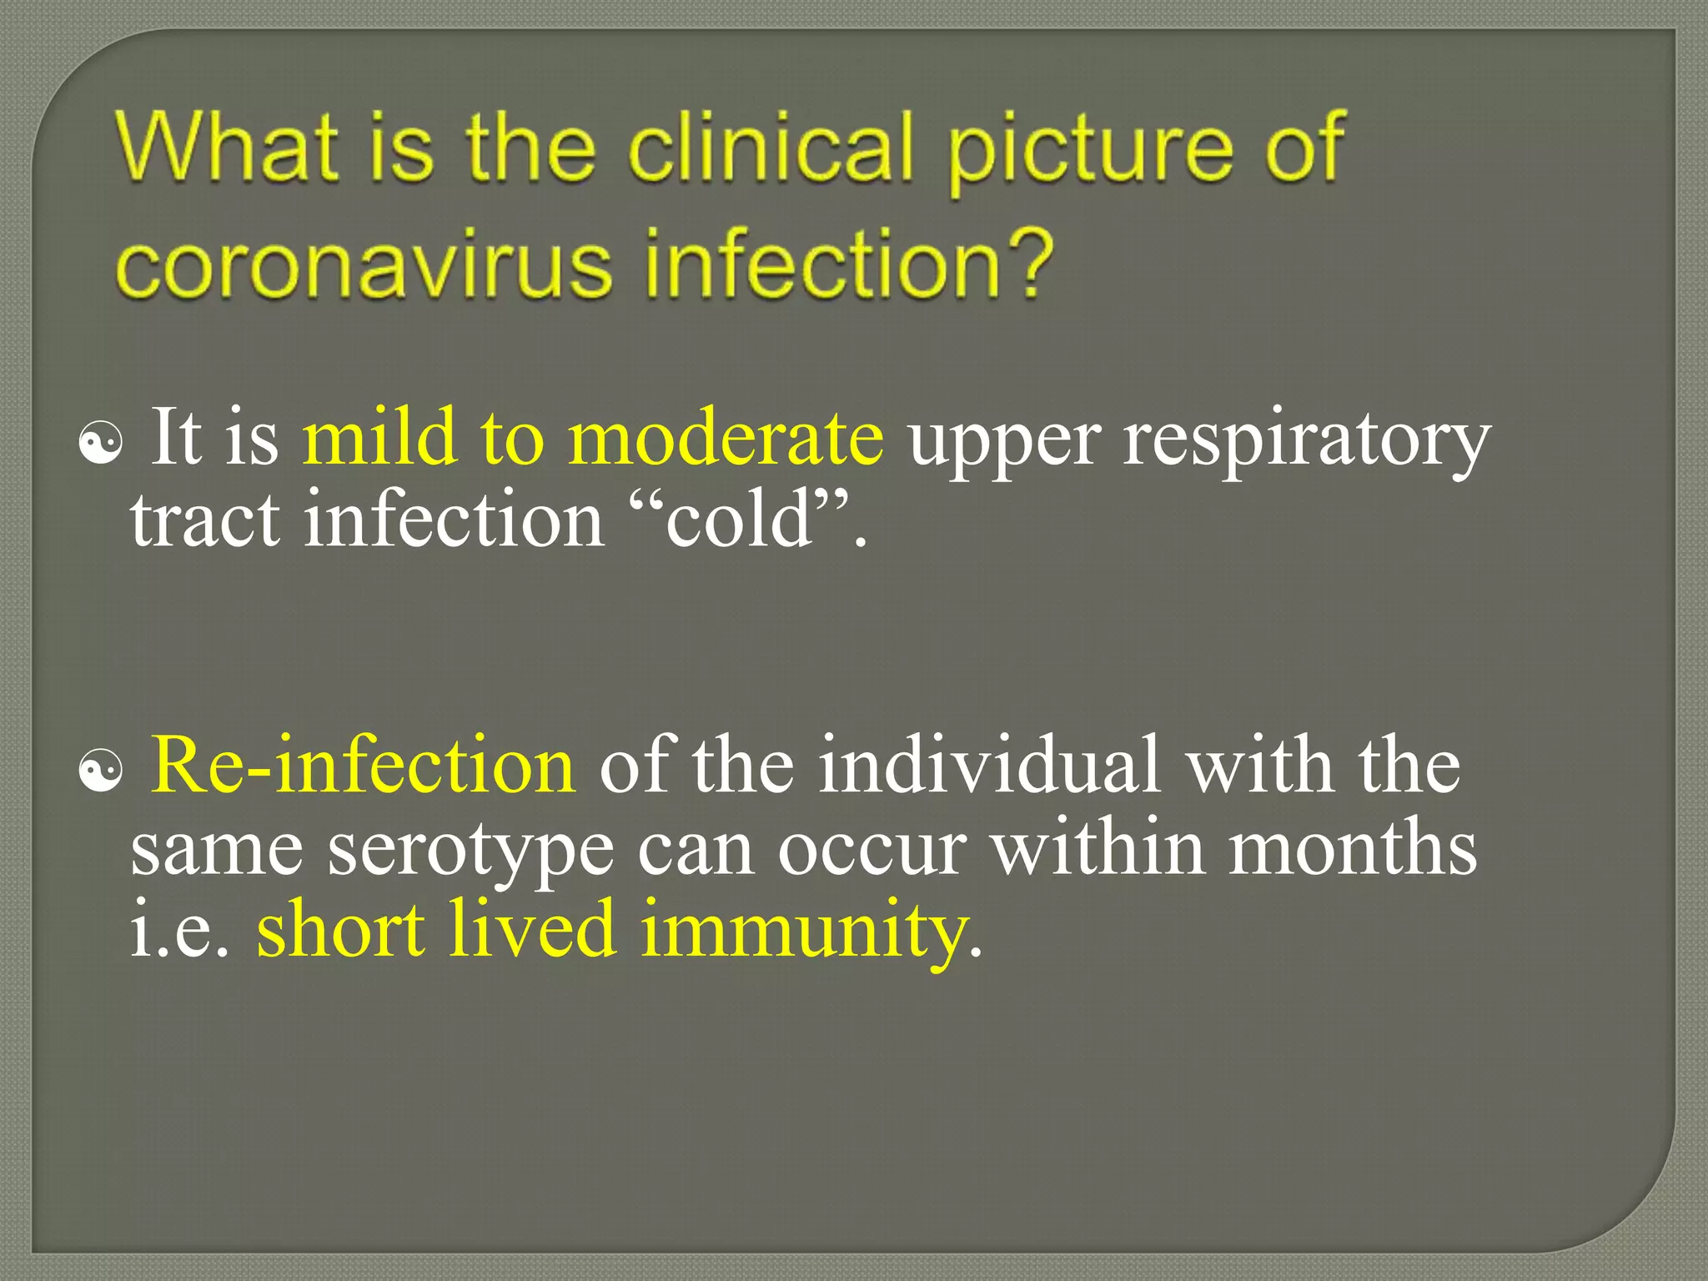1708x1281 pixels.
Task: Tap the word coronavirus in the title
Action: coord(364,265)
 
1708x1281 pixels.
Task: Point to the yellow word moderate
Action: coord(726,439)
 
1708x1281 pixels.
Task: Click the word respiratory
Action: coord(1306,442)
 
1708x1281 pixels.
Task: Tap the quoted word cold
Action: coord(739,520)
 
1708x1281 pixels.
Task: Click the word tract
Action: coord(205,520)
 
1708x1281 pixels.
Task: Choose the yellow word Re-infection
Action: coord(364,766)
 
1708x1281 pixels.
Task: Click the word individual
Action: coord(989,766)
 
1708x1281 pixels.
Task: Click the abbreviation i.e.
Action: coord(178,931)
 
